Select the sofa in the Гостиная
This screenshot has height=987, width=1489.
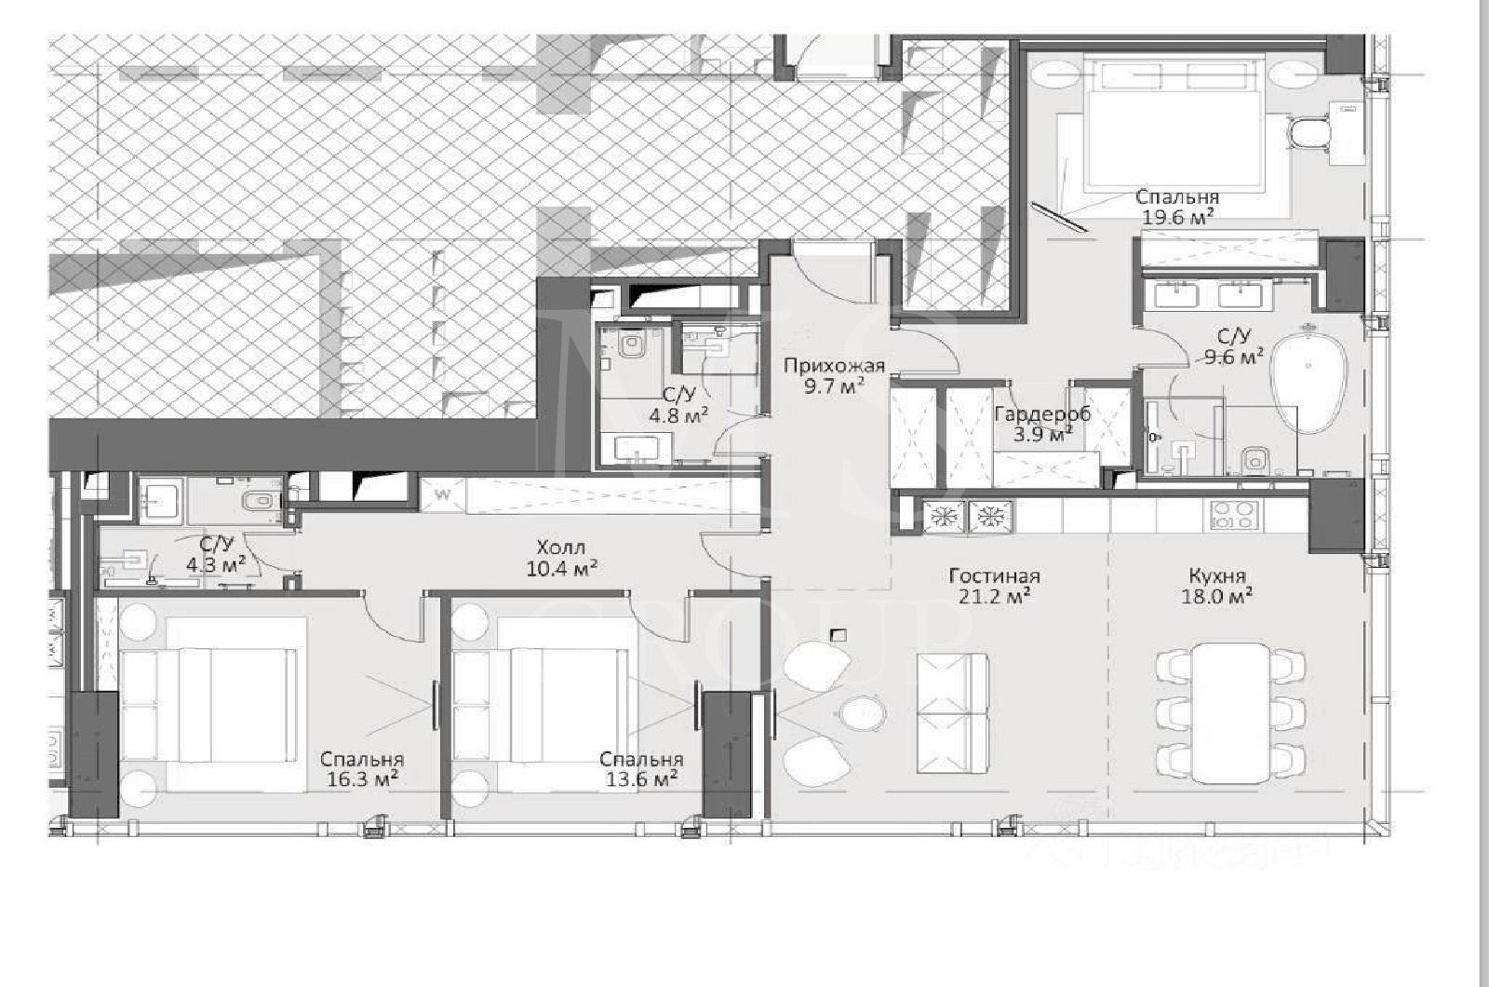pos(952,713)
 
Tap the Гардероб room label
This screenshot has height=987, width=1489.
pos(1042,413)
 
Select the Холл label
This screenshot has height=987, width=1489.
pos(561,548)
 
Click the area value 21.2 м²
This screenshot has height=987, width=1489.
pos(994,596)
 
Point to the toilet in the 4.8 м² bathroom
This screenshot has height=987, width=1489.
pos(629,345)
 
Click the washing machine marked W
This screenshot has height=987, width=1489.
pos(443,494)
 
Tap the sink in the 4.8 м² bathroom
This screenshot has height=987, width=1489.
pos(637,449)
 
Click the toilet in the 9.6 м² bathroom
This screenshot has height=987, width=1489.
pos(1255,460)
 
